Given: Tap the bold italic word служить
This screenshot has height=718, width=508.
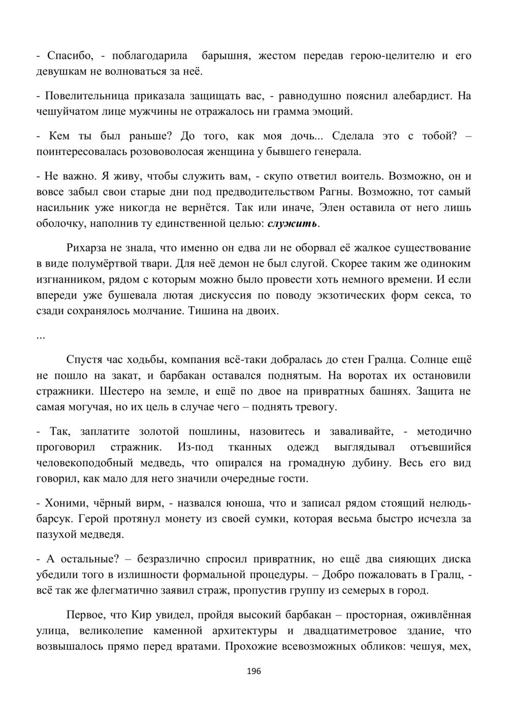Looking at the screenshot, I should pyautogui.click(x=293, y=223).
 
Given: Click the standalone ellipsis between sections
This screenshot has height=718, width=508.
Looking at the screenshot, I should pyautogui.click(x=41, y=336).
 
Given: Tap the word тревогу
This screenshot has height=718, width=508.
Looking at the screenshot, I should pyautogui.click(x=314, y=407).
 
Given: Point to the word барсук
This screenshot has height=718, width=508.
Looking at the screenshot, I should pyautogui.click(x=53, y=518).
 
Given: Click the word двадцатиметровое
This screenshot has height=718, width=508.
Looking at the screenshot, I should pyautogui.click(x=359, y=631).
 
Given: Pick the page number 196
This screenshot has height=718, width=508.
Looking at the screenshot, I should pyautogui.click(x=253, y=671).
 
